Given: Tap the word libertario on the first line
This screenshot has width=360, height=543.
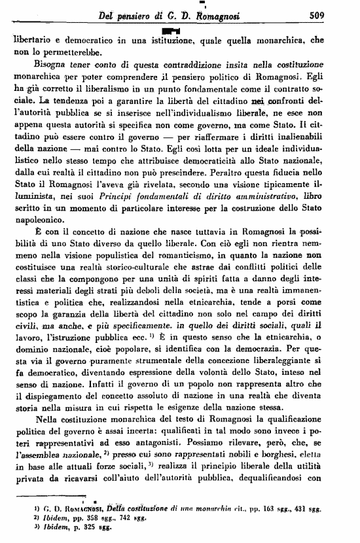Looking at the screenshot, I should click(x=35, y=41).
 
